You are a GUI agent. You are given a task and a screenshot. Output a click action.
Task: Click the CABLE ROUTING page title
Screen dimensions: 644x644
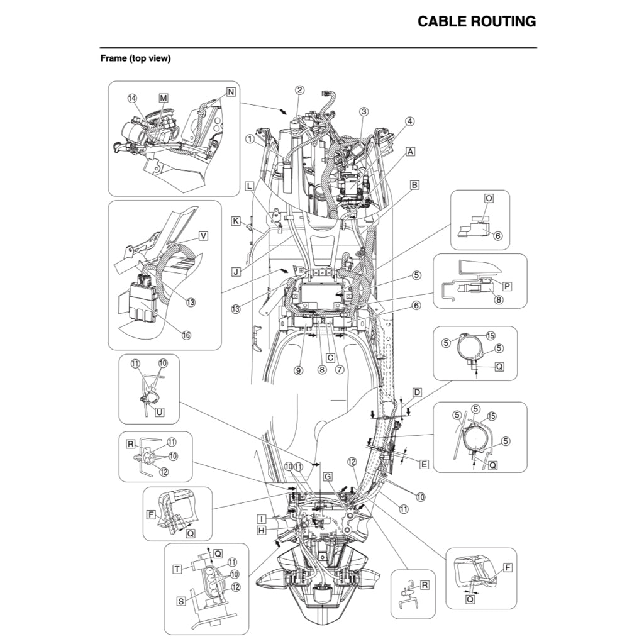coord(477,21)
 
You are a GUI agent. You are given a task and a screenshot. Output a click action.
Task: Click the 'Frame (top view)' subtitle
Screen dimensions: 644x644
coord(135,58)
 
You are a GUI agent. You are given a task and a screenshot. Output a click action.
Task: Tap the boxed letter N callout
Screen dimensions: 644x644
coord(231,92)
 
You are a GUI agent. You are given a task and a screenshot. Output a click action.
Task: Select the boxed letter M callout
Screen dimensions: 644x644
coord(164,98)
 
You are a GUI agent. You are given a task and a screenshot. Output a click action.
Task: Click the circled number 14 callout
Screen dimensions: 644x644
coord(132,98)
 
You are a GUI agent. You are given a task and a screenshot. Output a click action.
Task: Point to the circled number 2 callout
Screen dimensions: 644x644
coord(300,89)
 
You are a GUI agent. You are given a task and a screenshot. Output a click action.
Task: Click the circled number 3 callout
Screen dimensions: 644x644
coord(364,111)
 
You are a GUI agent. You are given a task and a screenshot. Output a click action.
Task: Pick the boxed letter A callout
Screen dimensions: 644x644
coord(411,152)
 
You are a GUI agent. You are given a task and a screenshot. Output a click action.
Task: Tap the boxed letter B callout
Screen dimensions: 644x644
coord(414,185)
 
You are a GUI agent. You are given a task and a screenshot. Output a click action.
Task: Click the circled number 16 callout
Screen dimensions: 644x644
coord(186,335)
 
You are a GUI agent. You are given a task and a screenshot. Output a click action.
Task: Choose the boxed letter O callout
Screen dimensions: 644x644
coord(489,197)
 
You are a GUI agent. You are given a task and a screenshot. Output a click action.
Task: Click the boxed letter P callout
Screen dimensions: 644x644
coord(507,286)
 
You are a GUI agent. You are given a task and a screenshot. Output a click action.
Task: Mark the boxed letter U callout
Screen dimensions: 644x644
coord(159,412)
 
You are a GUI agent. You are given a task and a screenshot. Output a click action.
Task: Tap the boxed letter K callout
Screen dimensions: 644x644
coord(235,221)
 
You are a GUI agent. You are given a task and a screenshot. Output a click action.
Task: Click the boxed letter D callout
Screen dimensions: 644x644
coord(416,392)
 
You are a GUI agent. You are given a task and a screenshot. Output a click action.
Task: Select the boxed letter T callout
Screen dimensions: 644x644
coord(178,568)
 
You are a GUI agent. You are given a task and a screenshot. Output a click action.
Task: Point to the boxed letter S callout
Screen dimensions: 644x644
coord(181,601)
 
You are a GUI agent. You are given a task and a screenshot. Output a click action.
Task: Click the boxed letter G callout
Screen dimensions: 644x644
coord(328,477)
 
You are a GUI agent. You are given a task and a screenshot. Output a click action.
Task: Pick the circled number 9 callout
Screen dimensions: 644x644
coord(299,370)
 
